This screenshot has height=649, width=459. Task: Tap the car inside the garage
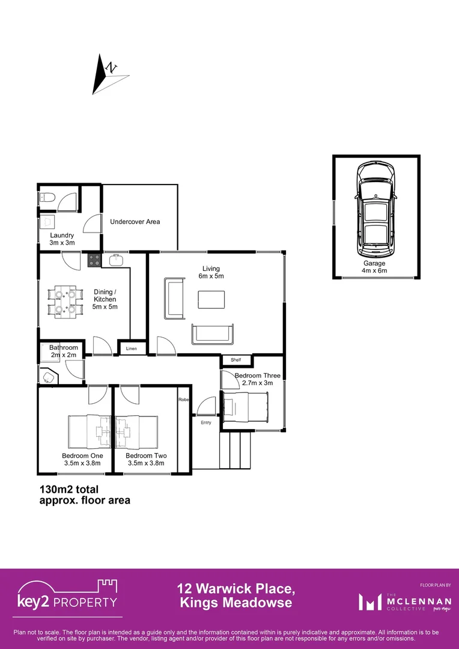coord(377,211)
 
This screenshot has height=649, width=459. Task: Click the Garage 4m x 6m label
coord(374,267)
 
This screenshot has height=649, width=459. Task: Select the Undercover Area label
coord(135,222)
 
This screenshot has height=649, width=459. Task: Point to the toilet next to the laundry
coord(47,197)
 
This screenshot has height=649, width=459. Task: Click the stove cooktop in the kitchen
coord(94,260)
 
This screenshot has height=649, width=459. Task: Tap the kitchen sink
coord(115,260)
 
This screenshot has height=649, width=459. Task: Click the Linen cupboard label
coord(132,349)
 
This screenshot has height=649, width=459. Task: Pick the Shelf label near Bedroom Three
coord(236,361)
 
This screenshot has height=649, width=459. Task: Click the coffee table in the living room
coord(211,299)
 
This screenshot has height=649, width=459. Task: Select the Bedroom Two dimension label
coord(146,459)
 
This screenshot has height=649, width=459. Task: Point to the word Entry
coord(206,422)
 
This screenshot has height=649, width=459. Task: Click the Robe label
coord(183,400)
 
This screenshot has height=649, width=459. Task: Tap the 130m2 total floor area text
coord(84,494)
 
